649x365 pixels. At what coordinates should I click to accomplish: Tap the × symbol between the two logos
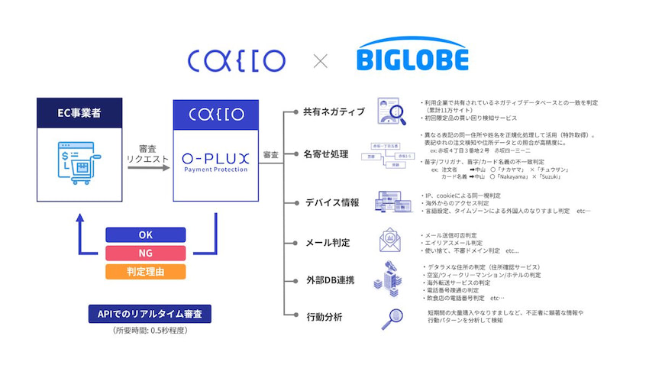[321, 60]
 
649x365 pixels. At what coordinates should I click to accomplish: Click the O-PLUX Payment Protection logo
[216, 162]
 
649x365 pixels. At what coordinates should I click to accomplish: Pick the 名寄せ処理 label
[325, 154]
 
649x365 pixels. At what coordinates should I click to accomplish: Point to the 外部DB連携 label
[329, 280]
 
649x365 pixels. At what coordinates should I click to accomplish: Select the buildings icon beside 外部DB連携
[387, 278]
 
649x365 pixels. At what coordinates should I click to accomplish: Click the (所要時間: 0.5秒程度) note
[144, 331]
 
